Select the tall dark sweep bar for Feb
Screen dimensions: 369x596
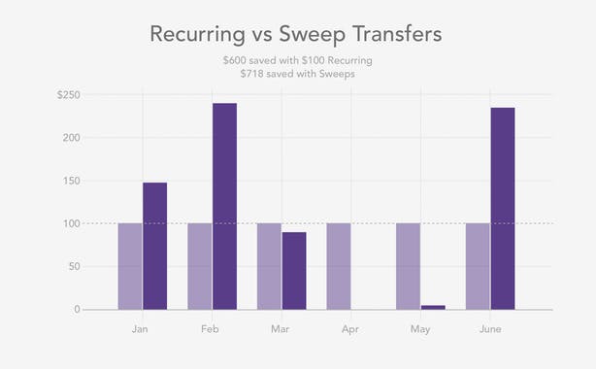pyautogui.click(x=224, y=206)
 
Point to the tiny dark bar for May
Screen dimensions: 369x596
pyautogui.click(x=433, y=307)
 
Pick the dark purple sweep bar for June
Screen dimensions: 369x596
pyautogui.click(x=503, y=208)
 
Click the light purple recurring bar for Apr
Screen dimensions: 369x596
pyautogui.click(x=339, y=266)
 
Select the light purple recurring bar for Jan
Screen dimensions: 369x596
pyautogui.click(x=130, y=266)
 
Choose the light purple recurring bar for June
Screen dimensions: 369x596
pyautogui.click(x=478, y=266)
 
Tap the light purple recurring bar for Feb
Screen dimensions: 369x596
pyautogui.click(x=199, y=266)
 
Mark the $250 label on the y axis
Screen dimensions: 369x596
pyautogui.click(x=68, y=95)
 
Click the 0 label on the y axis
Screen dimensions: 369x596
pyautogui.click(x=76, y=309)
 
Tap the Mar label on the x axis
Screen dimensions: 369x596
pyautogui.click(x=281, y=329)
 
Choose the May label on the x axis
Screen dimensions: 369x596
pyautogui.click(x=420, y=329)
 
